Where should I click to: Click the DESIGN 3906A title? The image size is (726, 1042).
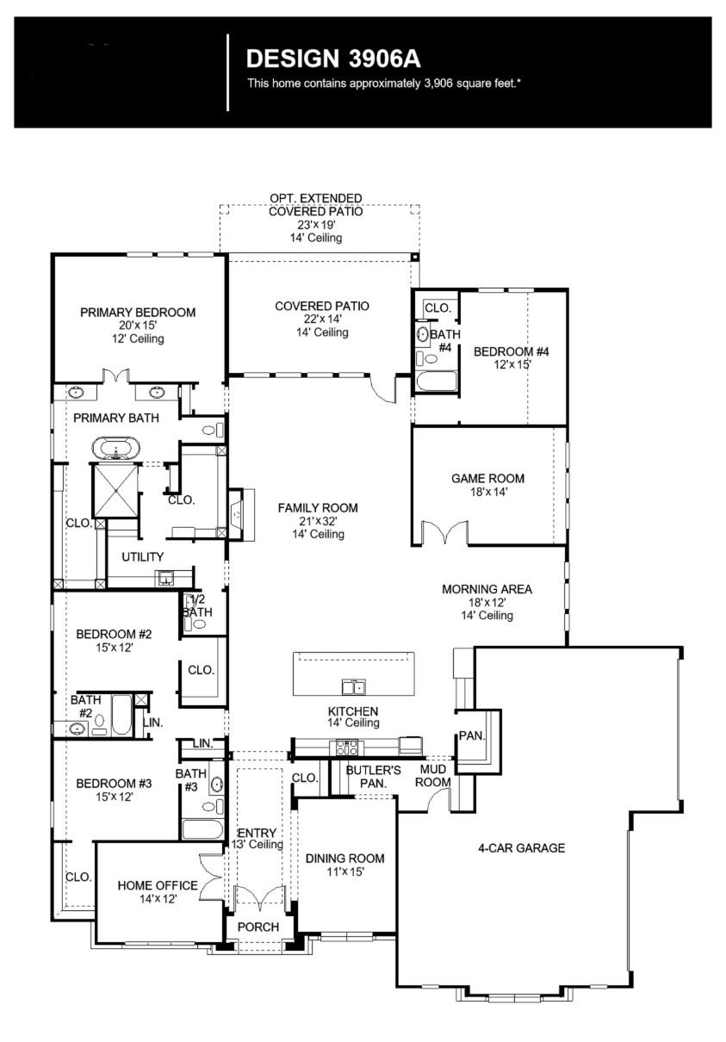[x=334, y=59]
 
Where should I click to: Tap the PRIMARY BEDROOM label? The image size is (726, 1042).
[x=138, y=313]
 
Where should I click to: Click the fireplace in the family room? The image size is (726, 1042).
[x=237, y=514]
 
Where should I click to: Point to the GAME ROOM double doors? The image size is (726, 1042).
[x=444, y=533]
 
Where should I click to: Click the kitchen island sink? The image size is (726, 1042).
[x=353, y=686]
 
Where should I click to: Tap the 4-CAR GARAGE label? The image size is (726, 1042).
[x=522, y=848]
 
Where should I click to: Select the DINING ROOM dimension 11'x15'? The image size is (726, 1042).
[x=344, y=871]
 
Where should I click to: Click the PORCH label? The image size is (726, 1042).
[x=258, y=927]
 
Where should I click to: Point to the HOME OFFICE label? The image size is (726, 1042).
[x=158, y=885]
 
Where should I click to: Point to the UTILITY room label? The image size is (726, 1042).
[x=142, y=557]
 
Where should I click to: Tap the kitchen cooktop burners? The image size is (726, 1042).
[x=346, y=747]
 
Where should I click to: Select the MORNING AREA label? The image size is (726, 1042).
[x=487, y=590]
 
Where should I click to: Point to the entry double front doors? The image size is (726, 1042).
[x=259, y=896]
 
